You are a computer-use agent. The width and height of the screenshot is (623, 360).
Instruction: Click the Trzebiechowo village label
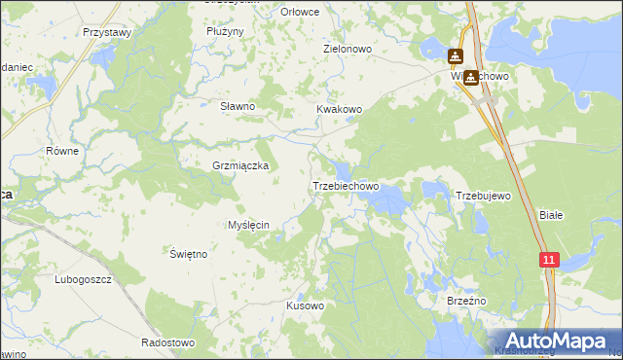pyautogui.click(x=345, y=186)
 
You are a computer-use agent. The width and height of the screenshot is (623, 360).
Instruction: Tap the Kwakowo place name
pyautogui.click(x=339, y=110)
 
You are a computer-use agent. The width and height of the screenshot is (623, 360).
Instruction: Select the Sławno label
pyautogui.click(x=238, y=106)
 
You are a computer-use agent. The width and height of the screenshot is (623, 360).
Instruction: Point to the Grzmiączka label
pyautogui.click(x=240, y=166)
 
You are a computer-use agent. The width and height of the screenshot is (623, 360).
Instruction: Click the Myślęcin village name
pyautogui.click(x=248, y=225)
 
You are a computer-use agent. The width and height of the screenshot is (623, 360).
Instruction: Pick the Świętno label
pyautogui.click(x=189, y=254)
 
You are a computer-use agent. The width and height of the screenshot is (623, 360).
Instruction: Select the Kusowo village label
pyautogui.click(x=305, y=306)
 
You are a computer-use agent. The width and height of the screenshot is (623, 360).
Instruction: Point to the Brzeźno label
pyautogui.click(x=465, y=302)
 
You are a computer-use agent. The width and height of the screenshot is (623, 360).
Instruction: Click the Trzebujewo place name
pyautogui.click(x=484, y=197)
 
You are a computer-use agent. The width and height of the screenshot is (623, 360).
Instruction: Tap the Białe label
pyautogui.click(x=551, y=215)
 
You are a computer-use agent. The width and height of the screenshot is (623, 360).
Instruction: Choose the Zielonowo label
pyautogui.click(x=348, y=48)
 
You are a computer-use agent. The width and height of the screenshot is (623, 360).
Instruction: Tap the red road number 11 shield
pyautogui.click(x=550, y=260)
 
